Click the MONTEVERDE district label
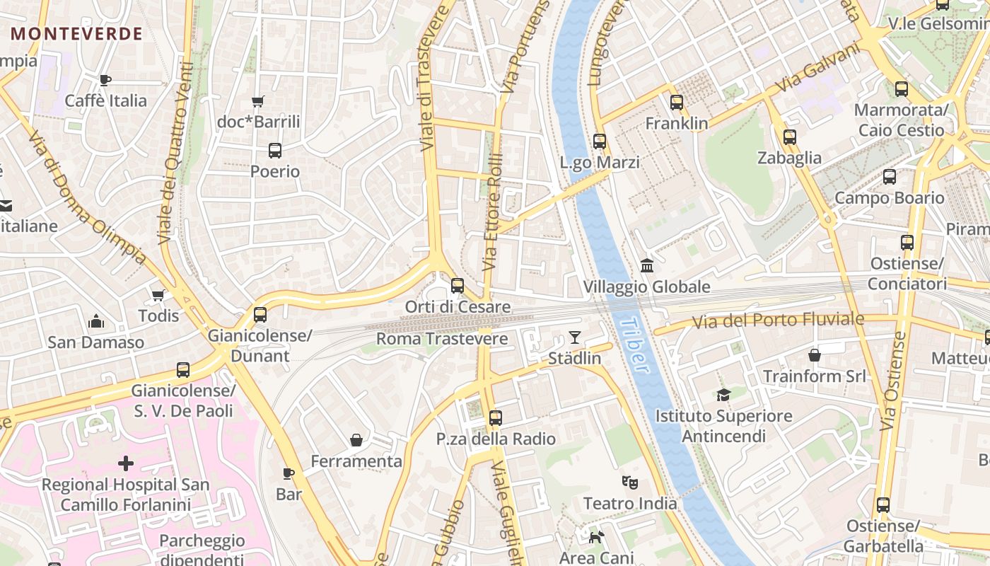(76, 33)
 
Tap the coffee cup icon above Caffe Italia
(105, 80)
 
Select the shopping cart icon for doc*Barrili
(258, 102)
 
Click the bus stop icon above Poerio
(275, 151)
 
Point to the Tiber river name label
(634, 345)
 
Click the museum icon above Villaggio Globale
(646, 266)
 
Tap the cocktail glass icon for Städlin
(575, 337)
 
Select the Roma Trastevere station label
(442, 339)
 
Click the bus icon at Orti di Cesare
(458, 286)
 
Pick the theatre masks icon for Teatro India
(629, 483)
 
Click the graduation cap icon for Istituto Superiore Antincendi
(723, 395)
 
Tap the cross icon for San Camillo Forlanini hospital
(126, 463)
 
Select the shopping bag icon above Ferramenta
(356, 440)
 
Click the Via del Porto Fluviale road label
(778, 320)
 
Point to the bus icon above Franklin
(677, 103)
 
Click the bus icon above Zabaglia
(790, 137)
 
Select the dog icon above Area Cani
(597, 537)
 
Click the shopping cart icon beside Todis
(158, 295)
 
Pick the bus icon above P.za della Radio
(496, 418)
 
